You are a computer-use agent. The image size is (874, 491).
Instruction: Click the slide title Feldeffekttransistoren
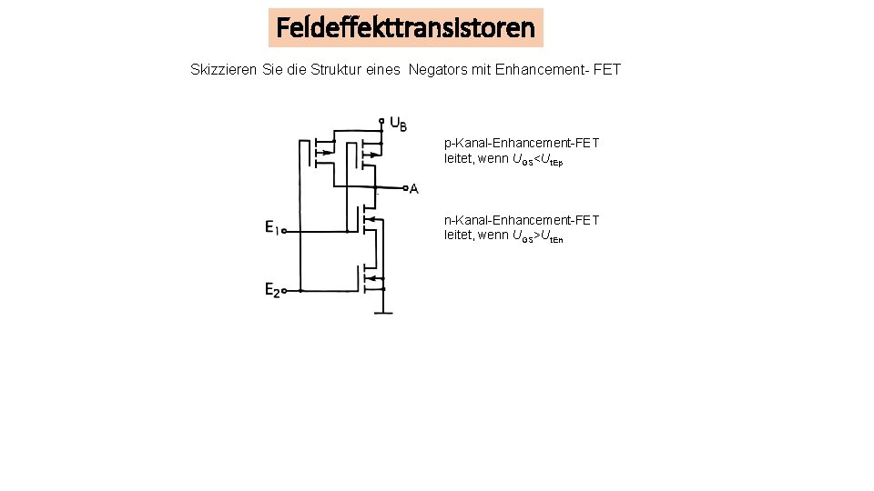406,27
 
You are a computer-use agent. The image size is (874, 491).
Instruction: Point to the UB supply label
398,124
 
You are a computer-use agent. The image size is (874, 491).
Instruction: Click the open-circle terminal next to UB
381,120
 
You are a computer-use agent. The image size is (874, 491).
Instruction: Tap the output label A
414,189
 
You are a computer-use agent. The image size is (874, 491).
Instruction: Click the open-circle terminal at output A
404,188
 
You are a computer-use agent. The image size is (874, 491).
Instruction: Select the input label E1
272,227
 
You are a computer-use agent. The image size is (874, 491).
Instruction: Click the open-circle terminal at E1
285,232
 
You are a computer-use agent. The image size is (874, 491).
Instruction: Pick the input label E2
272,291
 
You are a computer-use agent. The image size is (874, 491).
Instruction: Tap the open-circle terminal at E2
285,292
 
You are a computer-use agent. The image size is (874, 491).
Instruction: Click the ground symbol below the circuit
382,312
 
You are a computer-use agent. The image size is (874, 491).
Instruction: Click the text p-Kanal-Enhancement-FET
522,144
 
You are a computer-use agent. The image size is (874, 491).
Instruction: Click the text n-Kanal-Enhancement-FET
522,220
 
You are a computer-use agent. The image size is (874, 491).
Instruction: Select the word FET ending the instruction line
606,69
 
